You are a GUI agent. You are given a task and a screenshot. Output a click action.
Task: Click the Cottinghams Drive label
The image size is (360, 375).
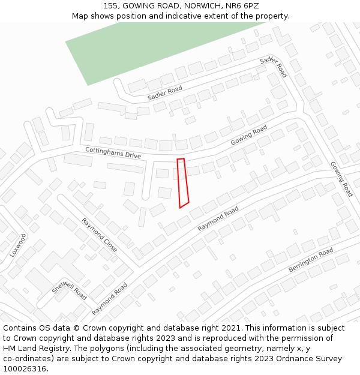tap(113, 152)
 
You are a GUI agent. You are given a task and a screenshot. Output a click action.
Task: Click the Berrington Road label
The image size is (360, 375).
tap(311, 260)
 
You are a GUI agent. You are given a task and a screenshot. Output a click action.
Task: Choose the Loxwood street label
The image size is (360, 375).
tap(18, 245)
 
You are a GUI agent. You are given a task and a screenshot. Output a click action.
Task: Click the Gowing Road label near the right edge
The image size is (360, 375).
tap(341, 179)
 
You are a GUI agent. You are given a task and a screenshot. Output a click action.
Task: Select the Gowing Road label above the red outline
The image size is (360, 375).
tap(249, 135)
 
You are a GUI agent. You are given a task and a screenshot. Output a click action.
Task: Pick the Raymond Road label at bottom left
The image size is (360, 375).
tap(110, 299)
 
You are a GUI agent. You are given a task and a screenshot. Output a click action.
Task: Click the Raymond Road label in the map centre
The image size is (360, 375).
tap(218, 219)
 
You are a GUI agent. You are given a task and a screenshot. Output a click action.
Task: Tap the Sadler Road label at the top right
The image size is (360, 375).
tap(274, 67)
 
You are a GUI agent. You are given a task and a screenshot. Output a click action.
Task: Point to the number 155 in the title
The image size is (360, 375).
tap(110, 5)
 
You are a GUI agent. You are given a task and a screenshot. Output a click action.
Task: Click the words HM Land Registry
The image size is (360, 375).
tap(34, 349)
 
